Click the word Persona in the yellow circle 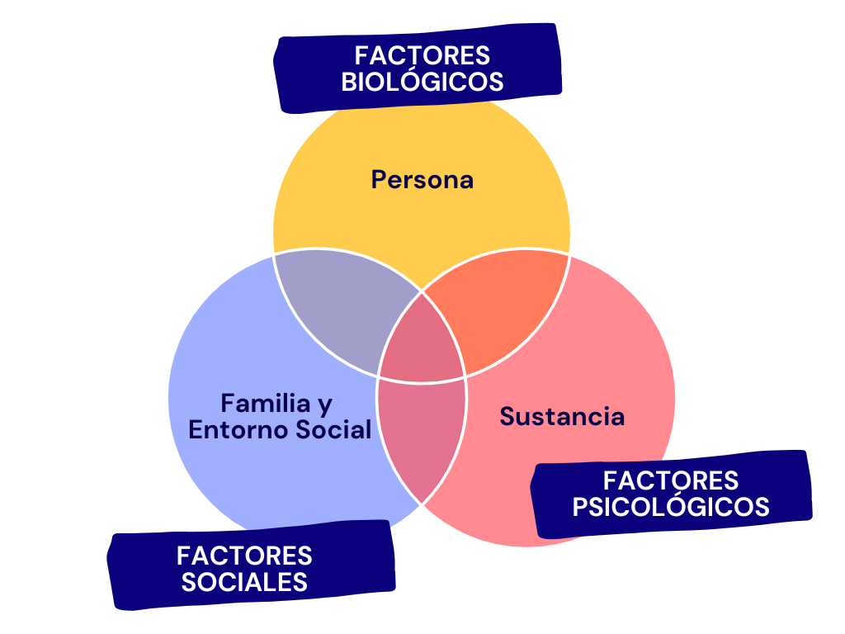click(422, 179)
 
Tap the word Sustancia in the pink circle click(562, 416)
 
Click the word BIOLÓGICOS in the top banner click(422, 83)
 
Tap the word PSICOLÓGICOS click(671, 506)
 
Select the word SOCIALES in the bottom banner click(244, 581)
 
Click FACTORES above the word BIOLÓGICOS click(422, 56)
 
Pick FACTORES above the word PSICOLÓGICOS click(671, 480)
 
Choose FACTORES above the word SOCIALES click(244, 555)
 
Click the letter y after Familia click(325, 405)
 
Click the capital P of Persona click(379, 179)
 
